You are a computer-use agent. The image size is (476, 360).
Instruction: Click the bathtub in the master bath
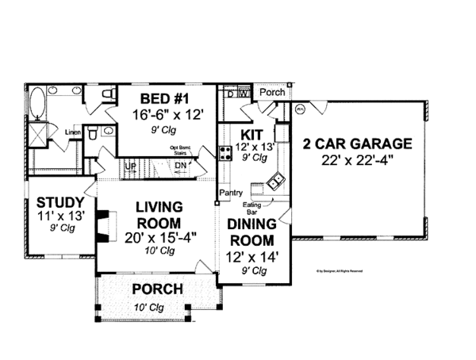[37, 105]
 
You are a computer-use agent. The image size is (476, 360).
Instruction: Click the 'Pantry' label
[231, 193]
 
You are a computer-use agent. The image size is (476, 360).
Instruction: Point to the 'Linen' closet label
[72, 132]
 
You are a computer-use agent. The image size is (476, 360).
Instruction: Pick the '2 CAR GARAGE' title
[357, 144]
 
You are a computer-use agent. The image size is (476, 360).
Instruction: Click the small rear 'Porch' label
[272, 92]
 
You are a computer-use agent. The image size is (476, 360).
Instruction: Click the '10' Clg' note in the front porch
[157, 308]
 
